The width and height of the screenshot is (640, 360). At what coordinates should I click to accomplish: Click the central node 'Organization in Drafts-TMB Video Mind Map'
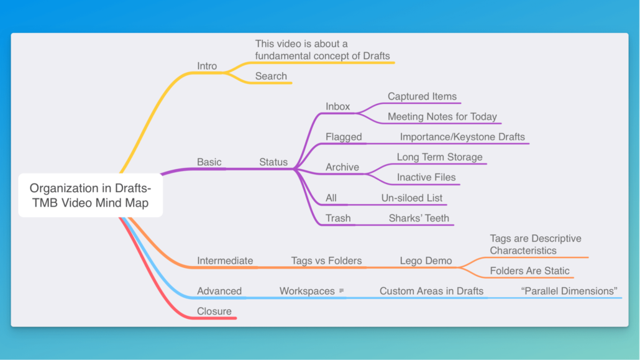click(90, 195)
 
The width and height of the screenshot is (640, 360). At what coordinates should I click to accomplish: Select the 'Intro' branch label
click(207, 66)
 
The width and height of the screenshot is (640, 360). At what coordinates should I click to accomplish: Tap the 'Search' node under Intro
click(271, 76)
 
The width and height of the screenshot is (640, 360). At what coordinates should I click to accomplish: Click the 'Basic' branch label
click(209, 162)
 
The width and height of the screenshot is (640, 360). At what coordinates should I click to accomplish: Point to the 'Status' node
click(273, 162)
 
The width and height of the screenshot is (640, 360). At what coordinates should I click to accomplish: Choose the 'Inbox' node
click(338, 106)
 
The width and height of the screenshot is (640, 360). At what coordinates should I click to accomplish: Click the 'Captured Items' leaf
click(422, 96)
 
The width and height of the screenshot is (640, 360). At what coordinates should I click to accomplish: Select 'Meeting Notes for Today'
click(442, 116)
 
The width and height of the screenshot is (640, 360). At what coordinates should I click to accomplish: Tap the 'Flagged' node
click(344, 137)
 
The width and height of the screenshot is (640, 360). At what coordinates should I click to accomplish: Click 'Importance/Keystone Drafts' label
click(462, 137)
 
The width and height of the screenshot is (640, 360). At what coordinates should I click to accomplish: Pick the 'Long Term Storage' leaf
click(439, 157)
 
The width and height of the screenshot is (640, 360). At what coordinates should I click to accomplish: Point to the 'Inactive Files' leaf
click(426, 177)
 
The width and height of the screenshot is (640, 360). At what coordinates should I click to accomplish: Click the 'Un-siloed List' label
click(412, 198)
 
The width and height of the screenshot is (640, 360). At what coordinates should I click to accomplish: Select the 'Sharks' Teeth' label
click(419, 218)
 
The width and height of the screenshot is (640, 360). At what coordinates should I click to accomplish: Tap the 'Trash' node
click(338, 218)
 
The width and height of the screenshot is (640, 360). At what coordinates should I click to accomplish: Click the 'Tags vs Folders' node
click(326, 261)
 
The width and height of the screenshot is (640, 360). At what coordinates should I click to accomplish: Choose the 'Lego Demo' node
click(426, 261)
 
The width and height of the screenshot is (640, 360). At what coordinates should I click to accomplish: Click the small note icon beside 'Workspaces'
click(342, 291)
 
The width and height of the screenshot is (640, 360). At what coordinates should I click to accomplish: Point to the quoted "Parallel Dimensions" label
click(569, 291)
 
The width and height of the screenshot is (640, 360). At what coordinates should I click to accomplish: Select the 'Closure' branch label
click(214, 311)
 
